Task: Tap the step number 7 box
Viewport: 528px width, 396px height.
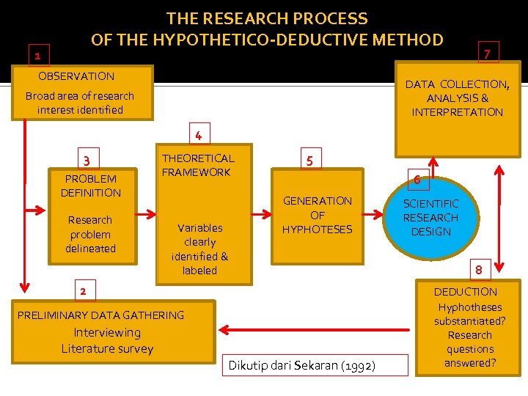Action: click(486, 53)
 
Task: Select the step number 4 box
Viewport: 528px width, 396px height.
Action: click(198, 134)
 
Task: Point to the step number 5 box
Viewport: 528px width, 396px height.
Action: click(309, 160)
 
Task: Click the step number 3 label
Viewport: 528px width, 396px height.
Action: click(87, 161)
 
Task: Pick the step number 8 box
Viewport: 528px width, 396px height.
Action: click(478, 269)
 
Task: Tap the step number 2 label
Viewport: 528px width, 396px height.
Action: click(83, 291)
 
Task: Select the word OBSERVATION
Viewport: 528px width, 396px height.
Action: click(76, 76)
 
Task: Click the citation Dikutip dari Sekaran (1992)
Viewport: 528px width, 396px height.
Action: click(302, 365)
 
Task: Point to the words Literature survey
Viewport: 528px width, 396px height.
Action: click(107, 348)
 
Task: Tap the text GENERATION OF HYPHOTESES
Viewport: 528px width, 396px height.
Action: click(318, 214)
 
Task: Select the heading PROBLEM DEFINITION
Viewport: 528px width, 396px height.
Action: click(91, 186)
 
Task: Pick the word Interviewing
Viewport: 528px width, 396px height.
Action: click(107, 332)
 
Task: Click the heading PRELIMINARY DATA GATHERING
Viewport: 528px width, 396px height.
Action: click(100, 315)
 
